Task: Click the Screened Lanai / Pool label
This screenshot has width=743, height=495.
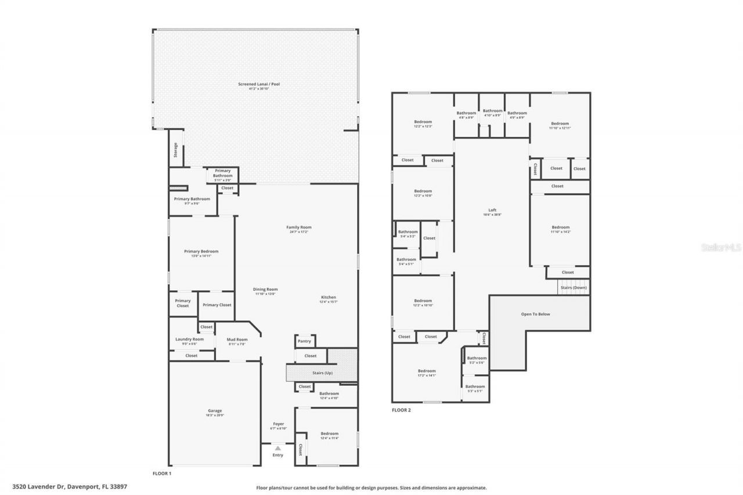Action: point(259,84)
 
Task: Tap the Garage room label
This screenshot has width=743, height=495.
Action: point(215,411)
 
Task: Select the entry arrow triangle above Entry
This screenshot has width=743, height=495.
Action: point(278,448)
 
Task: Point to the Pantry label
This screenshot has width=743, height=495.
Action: point(304,341)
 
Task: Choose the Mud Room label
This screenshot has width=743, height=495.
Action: point(237,339)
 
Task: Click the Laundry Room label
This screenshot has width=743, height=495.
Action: point(189,339)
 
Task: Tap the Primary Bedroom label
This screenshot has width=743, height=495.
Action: point(201,251)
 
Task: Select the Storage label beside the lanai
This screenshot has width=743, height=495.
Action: point(175,150)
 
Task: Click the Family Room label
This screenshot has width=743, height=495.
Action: point(299,227)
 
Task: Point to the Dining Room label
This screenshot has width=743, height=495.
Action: point(266,289)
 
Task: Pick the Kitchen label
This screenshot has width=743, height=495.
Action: point(329,298)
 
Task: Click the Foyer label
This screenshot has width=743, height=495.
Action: point(279,424)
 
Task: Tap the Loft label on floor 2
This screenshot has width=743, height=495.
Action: point(492,210)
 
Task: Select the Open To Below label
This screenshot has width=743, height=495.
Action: point(535,314)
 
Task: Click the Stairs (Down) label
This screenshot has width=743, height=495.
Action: point(573,288)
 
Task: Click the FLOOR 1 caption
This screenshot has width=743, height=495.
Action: point(161,474)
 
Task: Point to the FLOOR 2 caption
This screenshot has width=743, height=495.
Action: point(401,410)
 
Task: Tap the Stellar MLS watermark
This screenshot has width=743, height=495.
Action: point(722,247)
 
